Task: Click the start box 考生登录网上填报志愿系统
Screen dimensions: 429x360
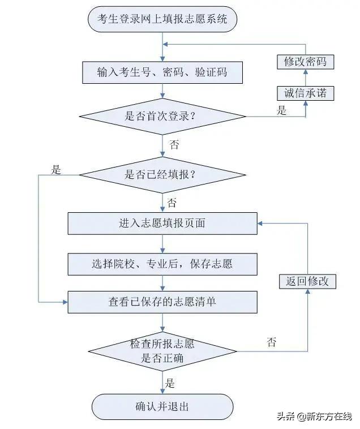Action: point(162,19)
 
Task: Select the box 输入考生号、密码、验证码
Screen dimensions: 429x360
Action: point(162,72)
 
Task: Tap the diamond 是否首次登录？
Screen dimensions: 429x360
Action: point(162,117)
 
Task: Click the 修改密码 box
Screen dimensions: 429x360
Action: point(306,61)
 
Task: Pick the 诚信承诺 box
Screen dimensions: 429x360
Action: point(306,93)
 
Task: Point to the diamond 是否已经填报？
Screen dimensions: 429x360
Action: point(162,175)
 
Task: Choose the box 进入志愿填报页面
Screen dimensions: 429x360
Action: point(162,223)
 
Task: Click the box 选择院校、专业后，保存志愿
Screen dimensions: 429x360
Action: point(162,264)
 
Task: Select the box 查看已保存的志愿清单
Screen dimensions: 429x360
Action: point(162,302)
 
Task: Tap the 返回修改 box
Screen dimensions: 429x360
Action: point(307,281)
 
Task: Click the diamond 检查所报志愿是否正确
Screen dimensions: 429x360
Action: point(162,351)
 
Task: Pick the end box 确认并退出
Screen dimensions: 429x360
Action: point(162,406)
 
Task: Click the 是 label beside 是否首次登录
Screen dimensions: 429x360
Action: point(282,111)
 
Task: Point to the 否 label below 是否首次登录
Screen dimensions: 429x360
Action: point(174,144)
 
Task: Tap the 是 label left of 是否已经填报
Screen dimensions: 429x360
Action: point(56,169)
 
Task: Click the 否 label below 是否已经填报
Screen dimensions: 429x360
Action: point(172,202)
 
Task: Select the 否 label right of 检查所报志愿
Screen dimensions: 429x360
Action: point(272,342)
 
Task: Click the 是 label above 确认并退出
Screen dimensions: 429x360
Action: point(170,383)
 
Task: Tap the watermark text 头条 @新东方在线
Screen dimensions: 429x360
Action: point(314,417)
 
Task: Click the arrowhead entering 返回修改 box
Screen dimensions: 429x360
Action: point(307,292)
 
